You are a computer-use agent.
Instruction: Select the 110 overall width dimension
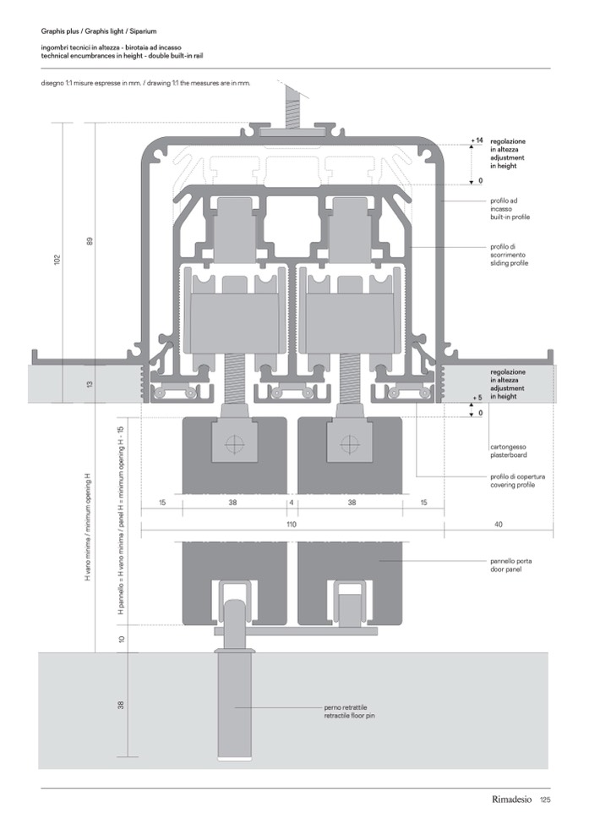pyautogui.click(x=292, y=525)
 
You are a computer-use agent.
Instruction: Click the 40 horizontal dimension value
pyautogui.click(x=499, y=525)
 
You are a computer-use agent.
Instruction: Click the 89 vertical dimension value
pyautogui.click(x=90, y=241)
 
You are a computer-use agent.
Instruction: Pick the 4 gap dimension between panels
pyautogui.click(x=292, y=503)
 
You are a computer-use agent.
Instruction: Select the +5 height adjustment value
pyautogui.click(x=477, y=398)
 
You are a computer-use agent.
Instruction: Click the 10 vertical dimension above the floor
pyautogui.click(x=123, y=639)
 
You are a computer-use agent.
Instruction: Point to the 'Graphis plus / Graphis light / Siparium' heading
pyautogui.click(x=106, y=30)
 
